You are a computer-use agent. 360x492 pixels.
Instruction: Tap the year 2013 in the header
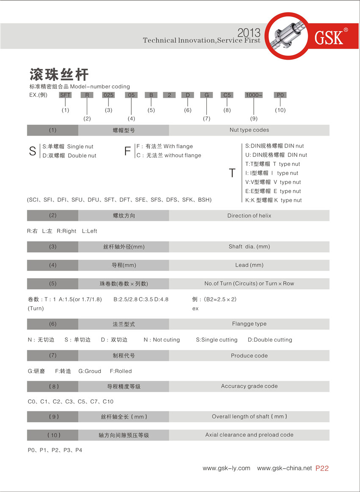coord(249,33)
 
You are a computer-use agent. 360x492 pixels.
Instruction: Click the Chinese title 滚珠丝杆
coord(59,74)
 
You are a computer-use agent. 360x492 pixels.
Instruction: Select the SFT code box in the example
coord(65,95)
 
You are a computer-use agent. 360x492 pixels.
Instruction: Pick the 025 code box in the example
coord(108,95)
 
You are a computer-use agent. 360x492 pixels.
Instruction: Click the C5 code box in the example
coord(227,95)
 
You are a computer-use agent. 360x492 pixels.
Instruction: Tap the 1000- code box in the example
coord(254,95)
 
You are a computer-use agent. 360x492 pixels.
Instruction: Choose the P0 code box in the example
coord(280,95)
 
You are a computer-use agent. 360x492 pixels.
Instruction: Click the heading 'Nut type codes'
coord(249,130)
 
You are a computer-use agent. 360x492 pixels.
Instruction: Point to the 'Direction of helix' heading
coord(249,216)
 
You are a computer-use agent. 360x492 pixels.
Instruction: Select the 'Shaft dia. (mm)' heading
coord(249,247)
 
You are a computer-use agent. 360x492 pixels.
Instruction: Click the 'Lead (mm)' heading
coord(249,265)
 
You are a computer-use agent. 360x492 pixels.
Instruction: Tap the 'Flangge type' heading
coord(249,324)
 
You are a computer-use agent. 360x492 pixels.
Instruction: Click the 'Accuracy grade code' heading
coord(249,386)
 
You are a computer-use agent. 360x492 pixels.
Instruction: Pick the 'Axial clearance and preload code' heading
coord(249,435)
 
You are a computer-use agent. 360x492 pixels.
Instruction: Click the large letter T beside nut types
coord(232,173)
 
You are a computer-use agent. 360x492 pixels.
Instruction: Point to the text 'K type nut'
coord(288,200)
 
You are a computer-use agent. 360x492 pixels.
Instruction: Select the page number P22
coord(322,468)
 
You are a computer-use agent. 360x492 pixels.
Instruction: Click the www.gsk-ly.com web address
coord(226,468)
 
